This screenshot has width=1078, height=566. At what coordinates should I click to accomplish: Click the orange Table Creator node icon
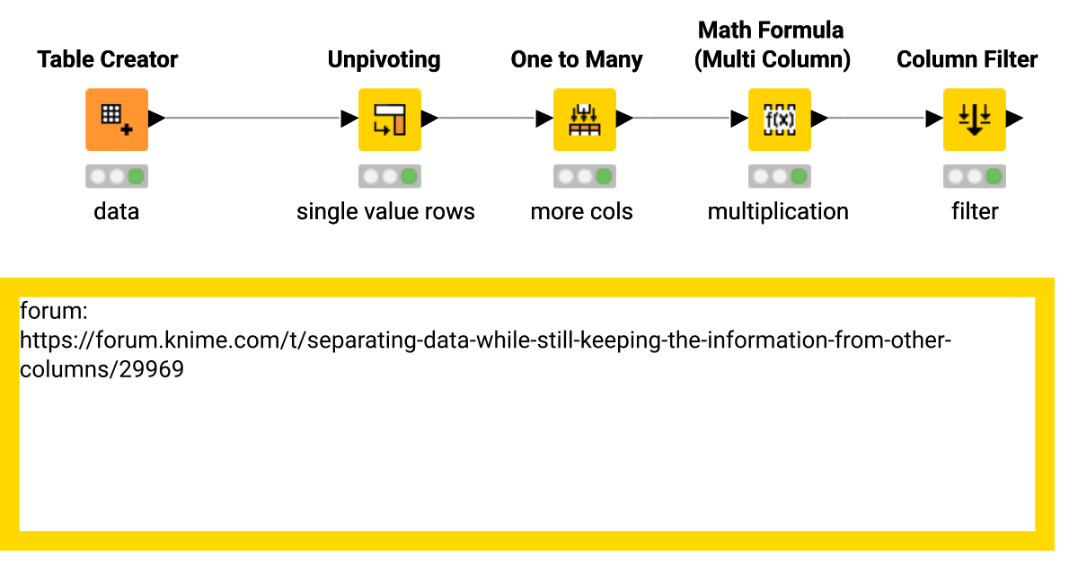117,119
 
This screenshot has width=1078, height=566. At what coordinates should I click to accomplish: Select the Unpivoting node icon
389,119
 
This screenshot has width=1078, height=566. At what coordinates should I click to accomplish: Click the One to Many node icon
584,119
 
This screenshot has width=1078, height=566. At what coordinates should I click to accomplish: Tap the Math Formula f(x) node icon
779,119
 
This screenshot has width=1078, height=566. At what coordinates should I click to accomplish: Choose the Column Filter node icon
974,119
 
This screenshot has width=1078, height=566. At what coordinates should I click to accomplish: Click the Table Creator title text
108,60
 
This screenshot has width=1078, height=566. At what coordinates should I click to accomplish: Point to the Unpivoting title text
384,60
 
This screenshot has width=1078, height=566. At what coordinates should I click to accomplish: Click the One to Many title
577,60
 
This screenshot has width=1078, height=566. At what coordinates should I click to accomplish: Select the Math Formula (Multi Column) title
772,45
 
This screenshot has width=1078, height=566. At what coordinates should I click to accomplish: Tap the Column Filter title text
967,60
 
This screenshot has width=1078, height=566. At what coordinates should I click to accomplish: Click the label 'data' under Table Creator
117,212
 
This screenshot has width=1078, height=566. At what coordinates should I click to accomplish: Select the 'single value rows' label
385,212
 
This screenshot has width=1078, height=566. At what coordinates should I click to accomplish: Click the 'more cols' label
581,212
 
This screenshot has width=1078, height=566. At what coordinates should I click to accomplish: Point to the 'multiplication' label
778,212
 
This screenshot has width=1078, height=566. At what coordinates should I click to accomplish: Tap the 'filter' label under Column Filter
975,212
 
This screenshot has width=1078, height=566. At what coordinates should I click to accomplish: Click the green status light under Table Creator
137,176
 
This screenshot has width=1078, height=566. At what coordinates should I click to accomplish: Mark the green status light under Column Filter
994,176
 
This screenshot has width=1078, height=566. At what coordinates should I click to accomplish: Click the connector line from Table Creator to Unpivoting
252,119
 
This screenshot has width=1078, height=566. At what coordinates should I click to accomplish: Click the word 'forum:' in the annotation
52,312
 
